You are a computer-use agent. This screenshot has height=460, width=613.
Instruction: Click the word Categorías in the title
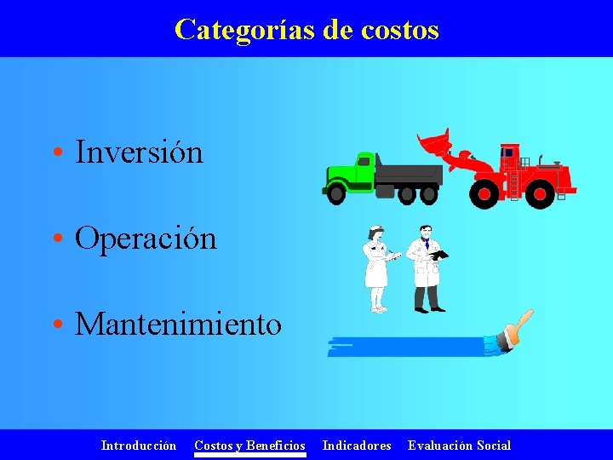tap(245, 30)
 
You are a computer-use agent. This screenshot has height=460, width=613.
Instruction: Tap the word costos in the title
tap(400, 30)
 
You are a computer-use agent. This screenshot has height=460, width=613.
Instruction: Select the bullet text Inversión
tap(140, 152)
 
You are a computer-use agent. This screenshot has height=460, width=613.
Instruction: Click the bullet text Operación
tap(146, 239)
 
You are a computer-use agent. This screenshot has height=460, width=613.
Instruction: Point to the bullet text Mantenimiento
tap(178, 325)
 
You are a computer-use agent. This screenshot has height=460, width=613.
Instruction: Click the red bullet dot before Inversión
tap(56, 154)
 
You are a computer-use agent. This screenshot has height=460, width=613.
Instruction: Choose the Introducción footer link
tap(139, 446)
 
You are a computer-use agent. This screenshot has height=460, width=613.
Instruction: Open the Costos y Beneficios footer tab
tap(249, 446)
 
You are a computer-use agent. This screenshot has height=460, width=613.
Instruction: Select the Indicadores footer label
tap(357, 446)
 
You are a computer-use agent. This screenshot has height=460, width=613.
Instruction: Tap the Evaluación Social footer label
tap(460, 446)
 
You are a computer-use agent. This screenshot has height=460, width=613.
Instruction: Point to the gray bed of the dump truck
tap(409, 174)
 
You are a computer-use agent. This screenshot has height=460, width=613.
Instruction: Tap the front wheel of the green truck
tap(336, 194)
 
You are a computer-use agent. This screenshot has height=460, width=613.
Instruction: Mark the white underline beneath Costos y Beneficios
tap(249, 455)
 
